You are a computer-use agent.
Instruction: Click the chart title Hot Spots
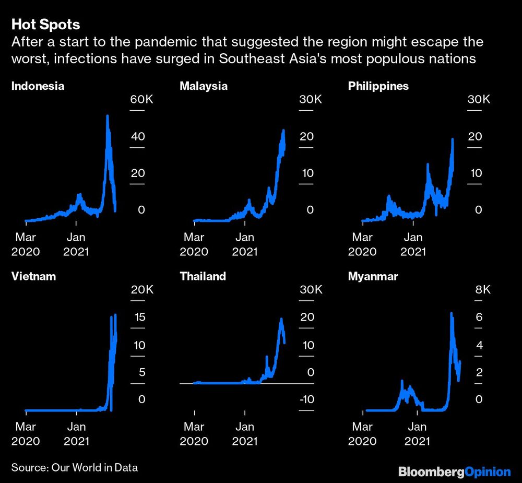45,25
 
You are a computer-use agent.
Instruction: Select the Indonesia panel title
38,86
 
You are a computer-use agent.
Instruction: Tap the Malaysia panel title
204,86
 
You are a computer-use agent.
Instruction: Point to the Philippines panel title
378,86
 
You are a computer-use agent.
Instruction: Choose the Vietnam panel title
33,276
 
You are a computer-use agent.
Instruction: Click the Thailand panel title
203,276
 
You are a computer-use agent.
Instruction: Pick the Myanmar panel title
373,276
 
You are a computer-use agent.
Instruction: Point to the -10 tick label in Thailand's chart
304,399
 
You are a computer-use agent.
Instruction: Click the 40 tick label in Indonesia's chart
138,137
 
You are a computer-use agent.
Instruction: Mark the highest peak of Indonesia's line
108,116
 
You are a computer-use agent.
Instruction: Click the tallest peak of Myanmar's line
451,314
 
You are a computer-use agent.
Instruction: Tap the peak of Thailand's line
281,319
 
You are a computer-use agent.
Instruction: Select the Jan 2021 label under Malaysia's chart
245,244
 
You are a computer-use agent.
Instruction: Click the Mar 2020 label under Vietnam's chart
26,433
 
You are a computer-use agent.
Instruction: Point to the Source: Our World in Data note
74,467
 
